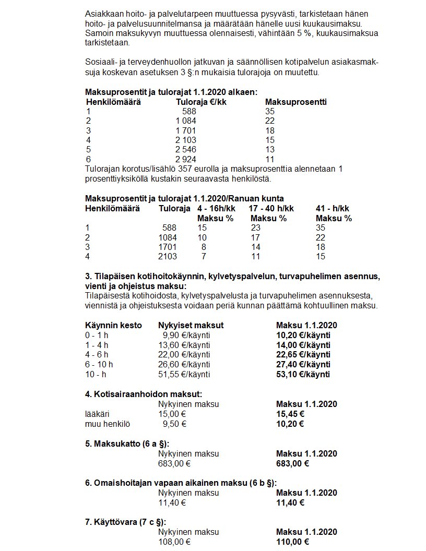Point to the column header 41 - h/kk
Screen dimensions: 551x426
[333, 208]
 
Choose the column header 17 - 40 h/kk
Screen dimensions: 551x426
[271, 208]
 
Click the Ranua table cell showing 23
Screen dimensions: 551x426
[256, 227]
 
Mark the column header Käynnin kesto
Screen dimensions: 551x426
[113, 325]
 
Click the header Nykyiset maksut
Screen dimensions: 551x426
[191, 325]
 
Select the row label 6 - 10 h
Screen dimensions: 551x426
[99, 364]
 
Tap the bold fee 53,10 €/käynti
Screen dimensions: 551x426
[303, 374]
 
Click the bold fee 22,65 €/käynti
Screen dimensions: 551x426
[303, 355]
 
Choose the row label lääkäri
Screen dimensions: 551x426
[96, 414]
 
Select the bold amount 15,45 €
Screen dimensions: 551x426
[290, 414]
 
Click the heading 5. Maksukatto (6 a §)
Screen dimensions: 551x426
[127, 444]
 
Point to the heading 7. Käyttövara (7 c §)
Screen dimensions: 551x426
[125, 522]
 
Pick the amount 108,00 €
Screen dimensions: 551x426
[174, 542]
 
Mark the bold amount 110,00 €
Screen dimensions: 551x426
[292, 542]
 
